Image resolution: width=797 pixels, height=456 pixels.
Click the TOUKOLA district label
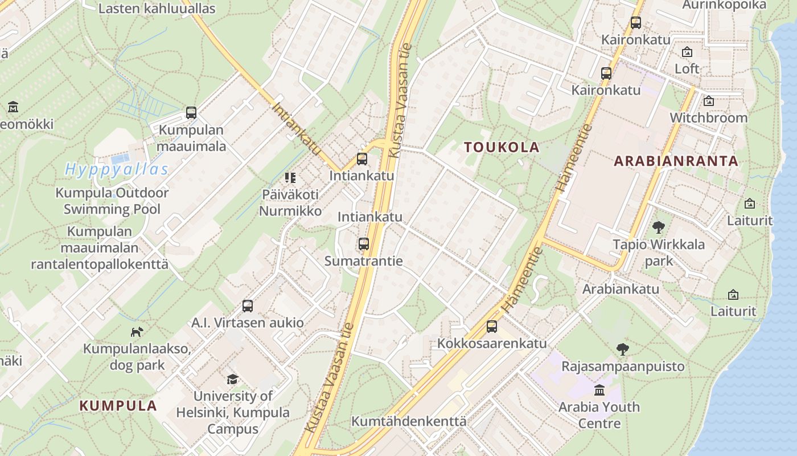pyautogui.click(x=502, y=147)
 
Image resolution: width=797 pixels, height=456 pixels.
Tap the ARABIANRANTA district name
pyautogui.click(x=676, y=161)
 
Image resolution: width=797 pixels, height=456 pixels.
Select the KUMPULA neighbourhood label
pyautogui.click(x=118, y=406)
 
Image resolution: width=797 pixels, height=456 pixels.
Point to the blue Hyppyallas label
pyautogui.click(x=117, y=169)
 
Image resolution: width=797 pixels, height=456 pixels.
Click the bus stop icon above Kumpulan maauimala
pyautogui.click(x=191, y=113)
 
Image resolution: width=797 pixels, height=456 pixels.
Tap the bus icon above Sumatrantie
pyautogui.click(x=364, y=244)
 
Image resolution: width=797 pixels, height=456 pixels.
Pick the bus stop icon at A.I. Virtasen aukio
pyautogui.click(x=248, y=306)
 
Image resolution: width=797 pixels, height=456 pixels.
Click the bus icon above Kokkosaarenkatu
pyautogui.click(x=492, y=327)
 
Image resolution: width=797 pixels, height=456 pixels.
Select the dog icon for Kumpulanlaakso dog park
pyautogui.click(x=137, y=332)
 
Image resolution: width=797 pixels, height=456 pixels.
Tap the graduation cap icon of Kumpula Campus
pyautogui.click(x=232, y=379)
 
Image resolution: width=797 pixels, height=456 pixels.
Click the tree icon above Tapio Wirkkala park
pyautogui.click(x=659, y=227)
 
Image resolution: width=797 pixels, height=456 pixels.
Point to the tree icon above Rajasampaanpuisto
pyautogui.click(x=623, y=349)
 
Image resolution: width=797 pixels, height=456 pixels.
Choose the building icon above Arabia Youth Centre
pyautogui.click(x=599, y=390)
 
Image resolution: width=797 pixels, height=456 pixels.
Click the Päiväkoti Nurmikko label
pyautogui.click(x=290, y=202)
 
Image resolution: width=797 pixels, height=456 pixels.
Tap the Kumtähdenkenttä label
pyautogui.click(x=409, y=422)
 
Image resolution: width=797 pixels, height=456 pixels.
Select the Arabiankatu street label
pyautogui.click(x=621, y=288)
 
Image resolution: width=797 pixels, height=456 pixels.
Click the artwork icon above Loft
pyautogui.click(x=687, y=52)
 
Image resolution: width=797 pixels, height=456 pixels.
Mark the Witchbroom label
pyautogui.click(x=708, y=117)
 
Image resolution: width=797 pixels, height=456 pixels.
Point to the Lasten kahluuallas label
pyautogui.click(x=157, y=9)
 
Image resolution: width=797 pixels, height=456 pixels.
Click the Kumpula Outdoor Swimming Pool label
pyautogui.click(x=112, y=201)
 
